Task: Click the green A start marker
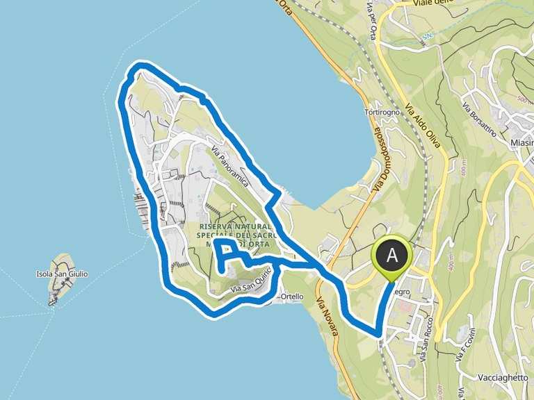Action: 393,256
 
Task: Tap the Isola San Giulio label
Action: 62,274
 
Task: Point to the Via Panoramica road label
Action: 229,158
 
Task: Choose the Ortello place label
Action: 291,297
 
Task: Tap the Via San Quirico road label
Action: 250,282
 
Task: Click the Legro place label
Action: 402,292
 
